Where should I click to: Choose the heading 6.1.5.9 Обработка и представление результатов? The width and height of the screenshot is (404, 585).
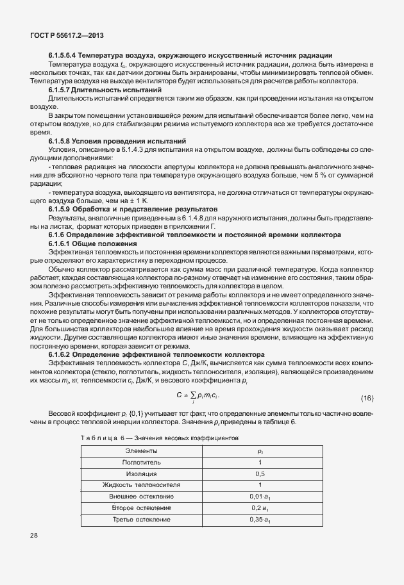133,210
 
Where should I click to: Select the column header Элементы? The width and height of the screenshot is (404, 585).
140,451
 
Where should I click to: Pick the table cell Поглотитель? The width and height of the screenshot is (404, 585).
140,462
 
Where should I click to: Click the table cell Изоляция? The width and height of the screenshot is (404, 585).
140,474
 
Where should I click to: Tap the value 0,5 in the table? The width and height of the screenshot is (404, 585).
260,474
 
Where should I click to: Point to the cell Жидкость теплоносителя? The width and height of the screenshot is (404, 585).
140,485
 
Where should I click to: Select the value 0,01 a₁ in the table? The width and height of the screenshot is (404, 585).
260,497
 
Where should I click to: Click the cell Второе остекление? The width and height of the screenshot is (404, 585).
140,508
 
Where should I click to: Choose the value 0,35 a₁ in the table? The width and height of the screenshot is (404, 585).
260,519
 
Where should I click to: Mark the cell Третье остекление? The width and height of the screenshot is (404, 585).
140,519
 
